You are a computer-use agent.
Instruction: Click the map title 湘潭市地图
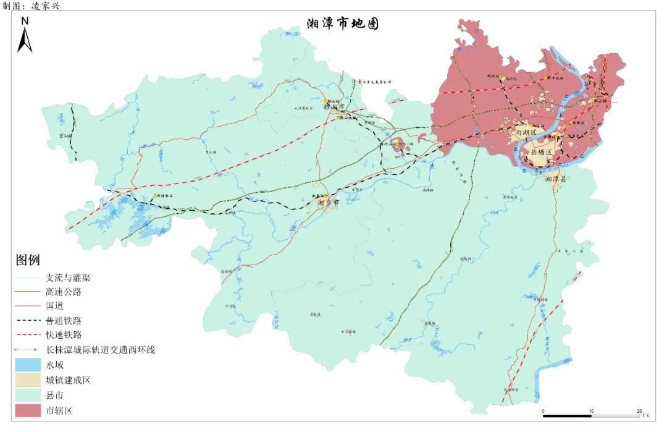[x=343, y=24]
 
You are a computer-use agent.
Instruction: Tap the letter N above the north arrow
[x=25, y=20]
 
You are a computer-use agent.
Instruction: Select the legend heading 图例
[x=28, y=260]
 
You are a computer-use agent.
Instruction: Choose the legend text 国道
[x=54, y=306]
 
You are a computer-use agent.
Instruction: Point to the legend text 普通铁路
[x=64, y=321]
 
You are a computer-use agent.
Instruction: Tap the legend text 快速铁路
[x=64, y=335]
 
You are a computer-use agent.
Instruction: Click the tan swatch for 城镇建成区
[x=28, y=380]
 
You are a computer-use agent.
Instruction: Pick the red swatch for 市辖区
[x=28, y=410]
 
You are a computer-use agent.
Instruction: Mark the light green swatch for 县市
[x=28, y=395]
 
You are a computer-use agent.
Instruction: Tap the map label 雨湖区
[x=526, y=132]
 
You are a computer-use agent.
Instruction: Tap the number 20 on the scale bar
[x=639, y=411]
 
